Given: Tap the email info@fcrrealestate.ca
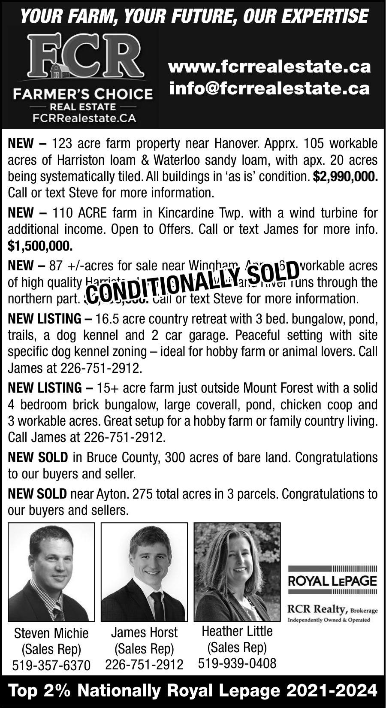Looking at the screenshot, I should pyautogui.click(x=269, y=88).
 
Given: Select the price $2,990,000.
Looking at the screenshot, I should pyautogui.click(x=345, y=176).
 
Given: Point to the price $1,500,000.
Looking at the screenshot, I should pyautogui.click(x=40, y=246).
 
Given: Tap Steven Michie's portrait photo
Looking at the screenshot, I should pyautogui.click(x=51, y=572).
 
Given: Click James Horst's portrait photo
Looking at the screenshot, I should pyautogui.click(x=144, y=572).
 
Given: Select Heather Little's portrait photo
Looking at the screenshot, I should pyautogui.click(x=237, y=572).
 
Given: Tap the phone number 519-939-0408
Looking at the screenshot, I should pyautogui.click(x=237, y=663).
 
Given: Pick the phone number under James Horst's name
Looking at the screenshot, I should pyautogui.click(x=144, y=664).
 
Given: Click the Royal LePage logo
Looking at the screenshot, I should pyautogui.click(x=332, y=581).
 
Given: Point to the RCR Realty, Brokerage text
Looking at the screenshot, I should pyautogui.click(x=332, y=609).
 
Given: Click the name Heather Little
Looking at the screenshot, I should pyautogui.click(x=237, y=631).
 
